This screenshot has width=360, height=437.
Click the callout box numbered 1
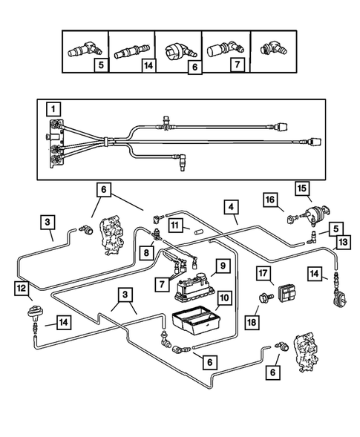[x=53, y=109]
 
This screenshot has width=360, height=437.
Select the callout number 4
[x=231, y=207]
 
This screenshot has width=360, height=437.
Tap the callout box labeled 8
[x=146, y=253]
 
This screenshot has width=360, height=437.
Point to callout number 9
[x=223, y=266]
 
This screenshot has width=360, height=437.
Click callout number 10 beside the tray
[x=224, y=298]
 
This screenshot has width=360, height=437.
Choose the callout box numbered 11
[x=175, y=226]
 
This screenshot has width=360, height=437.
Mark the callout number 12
[x=22, y=288]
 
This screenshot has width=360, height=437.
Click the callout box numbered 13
[x=343, y=242]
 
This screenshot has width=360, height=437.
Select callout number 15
[x=302, y=188]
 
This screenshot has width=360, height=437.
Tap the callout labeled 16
[x=270, y=200]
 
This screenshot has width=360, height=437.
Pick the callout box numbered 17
[x=264, y=273]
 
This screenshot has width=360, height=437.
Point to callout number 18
[x=252, y=323]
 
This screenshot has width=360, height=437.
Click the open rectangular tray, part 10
[x=195, y=320]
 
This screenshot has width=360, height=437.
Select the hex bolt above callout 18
[x=266, y=298]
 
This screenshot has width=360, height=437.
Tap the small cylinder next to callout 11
[x=200, y=232]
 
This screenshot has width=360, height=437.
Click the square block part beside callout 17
[x=287, y=293]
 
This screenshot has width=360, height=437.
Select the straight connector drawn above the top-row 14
[x=131, y=50]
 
